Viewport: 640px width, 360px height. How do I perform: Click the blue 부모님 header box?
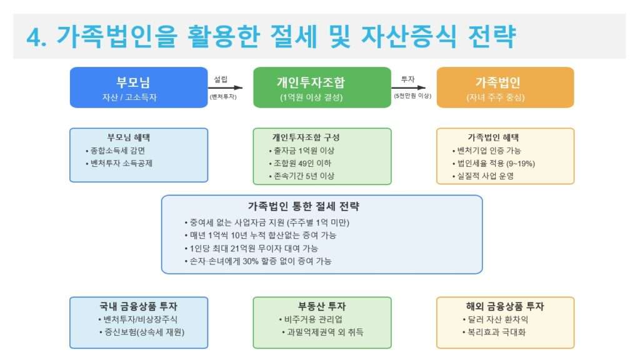[139, 87]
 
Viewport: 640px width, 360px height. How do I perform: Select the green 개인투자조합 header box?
[322, 87]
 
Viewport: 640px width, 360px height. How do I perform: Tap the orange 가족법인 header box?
[505, 87]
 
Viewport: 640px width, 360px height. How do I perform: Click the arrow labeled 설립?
[225, 87]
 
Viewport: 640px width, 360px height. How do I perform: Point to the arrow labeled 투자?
[408, 87]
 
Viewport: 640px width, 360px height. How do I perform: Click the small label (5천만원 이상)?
[412, 96]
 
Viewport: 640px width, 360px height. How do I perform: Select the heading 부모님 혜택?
[129, 137]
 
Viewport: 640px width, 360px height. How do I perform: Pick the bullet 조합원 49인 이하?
[300, 163]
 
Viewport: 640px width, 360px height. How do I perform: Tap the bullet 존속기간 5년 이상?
[302, 176]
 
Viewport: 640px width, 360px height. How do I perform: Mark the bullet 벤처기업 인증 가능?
[487, 151]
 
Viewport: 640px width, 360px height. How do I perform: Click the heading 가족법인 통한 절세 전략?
[304, 206]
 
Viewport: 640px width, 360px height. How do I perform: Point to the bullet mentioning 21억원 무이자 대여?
[251, 248]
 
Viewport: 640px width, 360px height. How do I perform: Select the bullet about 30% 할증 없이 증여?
[258, 261]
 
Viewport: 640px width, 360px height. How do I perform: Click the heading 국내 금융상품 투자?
[138, 306]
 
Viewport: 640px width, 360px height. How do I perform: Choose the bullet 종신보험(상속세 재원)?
[142, 332]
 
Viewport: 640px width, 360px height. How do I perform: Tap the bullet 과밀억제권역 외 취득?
[322, 332]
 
